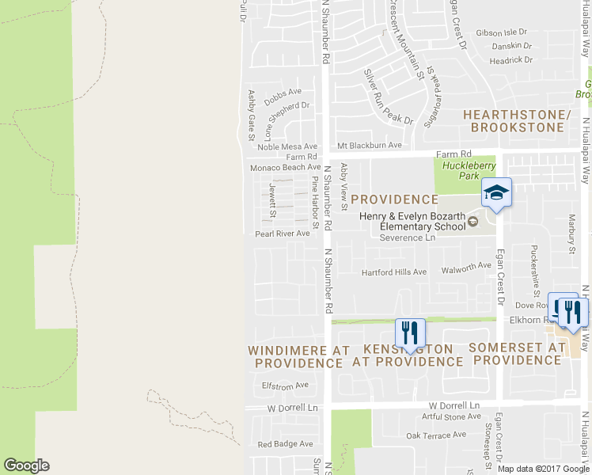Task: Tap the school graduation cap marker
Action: tap(496, 193)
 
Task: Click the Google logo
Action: tap(26, 465)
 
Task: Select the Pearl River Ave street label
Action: tap(282, 234)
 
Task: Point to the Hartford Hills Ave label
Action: tap(394, 272)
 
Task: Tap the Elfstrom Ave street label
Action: tap(284, 386)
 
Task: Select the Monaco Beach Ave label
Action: tap(285, 167)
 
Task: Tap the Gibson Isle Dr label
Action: tap(501, 33)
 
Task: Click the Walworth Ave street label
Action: tap(466, 267)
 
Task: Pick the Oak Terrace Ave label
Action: tap(436, 435)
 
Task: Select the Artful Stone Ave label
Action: tap(451, 416)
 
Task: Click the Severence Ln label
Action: tap(408, 237)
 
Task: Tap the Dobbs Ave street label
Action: tap(283, 93)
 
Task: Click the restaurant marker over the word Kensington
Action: tap(409, 332)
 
